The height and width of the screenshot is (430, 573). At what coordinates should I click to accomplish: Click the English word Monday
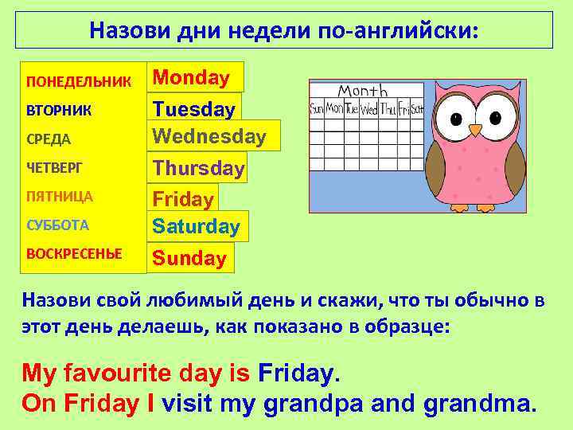tap(191, 77)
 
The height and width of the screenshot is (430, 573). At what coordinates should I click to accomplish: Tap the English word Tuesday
tap(194, 108)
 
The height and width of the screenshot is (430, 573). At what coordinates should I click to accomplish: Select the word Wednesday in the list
tap(209, 136)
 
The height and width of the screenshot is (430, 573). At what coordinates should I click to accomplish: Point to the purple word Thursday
tap(199, 168)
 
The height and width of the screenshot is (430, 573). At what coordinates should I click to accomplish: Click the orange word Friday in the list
tap(183, 199)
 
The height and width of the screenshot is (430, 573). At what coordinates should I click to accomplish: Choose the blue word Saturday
tap(197, 227)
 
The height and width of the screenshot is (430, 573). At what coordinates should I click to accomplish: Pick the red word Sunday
tap(189, 258)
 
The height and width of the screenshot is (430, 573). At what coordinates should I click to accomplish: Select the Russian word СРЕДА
tap(49, 139)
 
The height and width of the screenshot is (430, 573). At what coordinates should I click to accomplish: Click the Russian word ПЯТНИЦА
tap(60, 196)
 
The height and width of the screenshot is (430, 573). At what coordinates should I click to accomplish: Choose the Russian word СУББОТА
tap(57, 225)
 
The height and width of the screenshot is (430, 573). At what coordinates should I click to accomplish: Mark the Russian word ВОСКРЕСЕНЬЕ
tap(74, 254)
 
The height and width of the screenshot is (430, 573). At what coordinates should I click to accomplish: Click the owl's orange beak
tap(475, 129)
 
